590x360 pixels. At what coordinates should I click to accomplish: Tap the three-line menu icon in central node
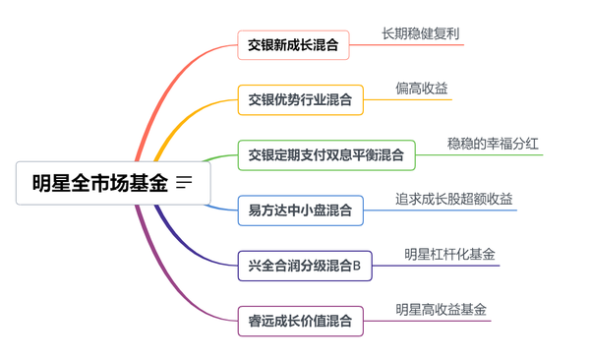184,183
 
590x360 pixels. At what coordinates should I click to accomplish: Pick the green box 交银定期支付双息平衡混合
325,154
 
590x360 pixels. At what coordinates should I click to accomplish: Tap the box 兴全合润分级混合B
305,265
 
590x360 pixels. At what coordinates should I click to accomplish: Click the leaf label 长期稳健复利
421,33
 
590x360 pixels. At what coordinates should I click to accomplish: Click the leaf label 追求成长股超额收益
453,199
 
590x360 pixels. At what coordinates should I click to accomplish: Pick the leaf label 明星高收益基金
441,309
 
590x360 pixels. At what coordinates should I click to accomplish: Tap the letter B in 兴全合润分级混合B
357,265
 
